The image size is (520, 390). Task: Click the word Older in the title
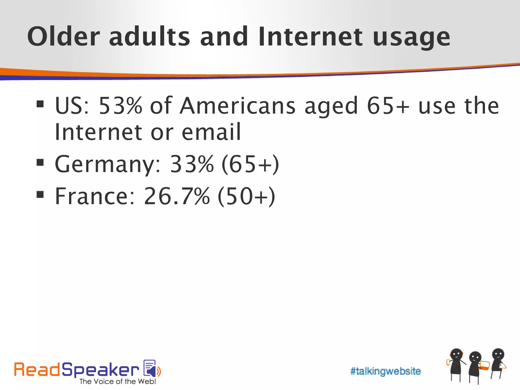(63, 37)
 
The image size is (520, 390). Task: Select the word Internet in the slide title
(310, 37)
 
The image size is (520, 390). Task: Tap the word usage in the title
(411, 38)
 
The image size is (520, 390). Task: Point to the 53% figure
(120, 105)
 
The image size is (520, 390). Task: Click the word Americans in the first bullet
(237, 105)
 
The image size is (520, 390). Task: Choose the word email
(211, 132)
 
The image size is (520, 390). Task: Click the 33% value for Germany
(192, 164)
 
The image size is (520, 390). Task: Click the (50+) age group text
(246, 196)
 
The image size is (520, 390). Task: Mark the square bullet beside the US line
(40, 104)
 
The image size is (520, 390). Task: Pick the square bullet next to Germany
(40, 162)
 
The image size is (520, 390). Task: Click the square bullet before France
(40, 194)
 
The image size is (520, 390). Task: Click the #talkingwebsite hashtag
(385, 371)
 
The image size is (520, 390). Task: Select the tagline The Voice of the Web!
(118, 382)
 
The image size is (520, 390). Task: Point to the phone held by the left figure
(448, 362)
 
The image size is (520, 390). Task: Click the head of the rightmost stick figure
(498, 354)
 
